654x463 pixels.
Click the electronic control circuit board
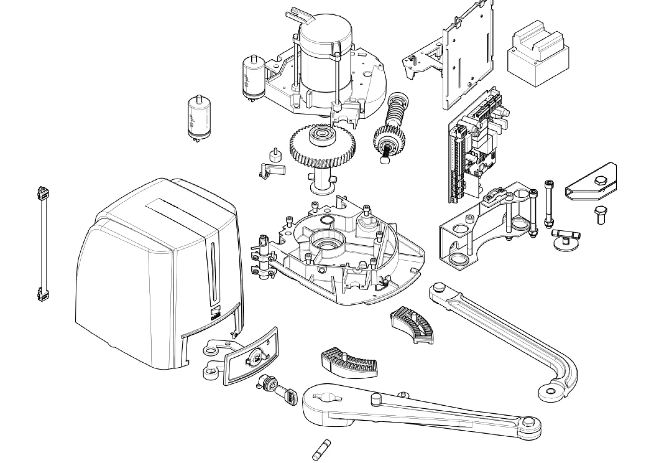point(476,146)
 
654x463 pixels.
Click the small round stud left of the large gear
point(274,155)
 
